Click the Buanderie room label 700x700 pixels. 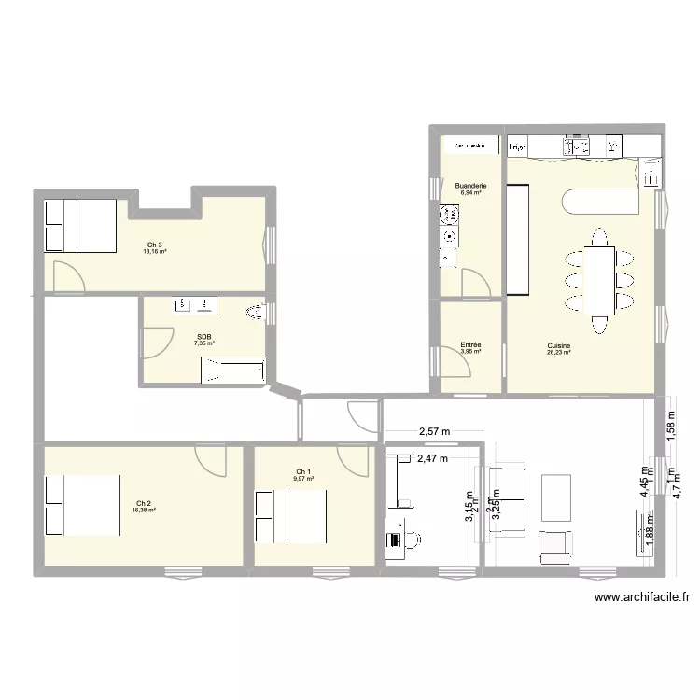pyautogui.click(x=469, y=187)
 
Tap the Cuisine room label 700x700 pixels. pyautogui.click(x=559, y=346)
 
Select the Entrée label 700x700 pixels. pyautogui.click(x=470, y=345)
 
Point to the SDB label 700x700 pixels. pyautogui.click(x=203, y=337)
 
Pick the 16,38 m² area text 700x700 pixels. pyautogui.click(x=143, y=510)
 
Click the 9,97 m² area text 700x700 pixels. pyautogui.click(x=304, y=479)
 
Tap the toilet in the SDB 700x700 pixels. pyautogui.click(x=252, y=314)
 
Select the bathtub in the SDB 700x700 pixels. pyautogui.click(x=232, y=373)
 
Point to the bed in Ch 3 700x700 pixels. pyautogui.click(x=81, y=226)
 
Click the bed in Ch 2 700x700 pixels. pyautogui.click(x=83, y=505)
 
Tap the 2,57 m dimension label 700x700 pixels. pyautogui.click(x=433, y=432)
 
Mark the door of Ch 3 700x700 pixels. pyautogui.click(x=66, y=274)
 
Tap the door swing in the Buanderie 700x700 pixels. pyautogui.click(x=473, y=280)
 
